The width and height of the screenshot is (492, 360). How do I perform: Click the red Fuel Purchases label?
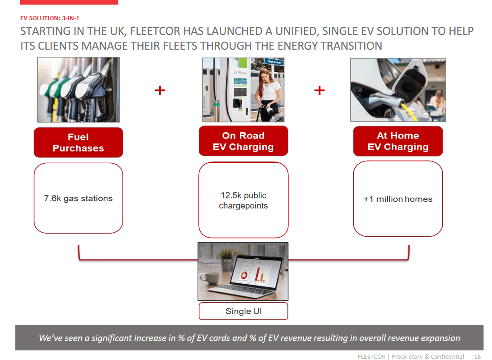point(78,143)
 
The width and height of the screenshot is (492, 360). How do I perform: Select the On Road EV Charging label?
point(243,141)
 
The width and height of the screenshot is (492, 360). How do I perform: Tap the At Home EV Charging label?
point(398,141)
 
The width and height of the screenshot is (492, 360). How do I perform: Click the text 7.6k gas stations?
point(78,199)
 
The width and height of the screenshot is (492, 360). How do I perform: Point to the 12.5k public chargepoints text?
point(243,200)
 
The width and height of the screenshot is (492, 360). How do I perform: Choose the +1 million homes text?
point(398,199)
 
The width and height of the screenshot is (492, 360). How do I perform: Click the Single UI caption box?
point(243,311)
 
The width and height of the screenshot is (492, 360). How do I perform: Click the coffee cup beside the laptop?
point(209,278)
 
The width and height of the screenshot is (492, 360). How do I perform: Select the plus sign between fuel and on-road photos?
point(160,91)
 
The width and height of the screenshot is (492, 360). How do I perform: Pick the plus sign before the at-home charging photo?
point(319,91)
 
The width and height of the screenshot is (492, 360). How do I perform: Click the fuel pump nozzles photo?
point(78,90)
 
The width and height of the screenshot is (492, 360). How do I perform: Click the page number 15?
point(477,356)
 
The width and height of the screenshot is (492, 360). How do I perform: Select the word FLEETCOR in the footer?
point(372,356)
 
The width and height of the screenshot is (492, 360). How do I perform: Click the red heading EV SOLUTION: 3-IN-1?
point(50,18)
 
